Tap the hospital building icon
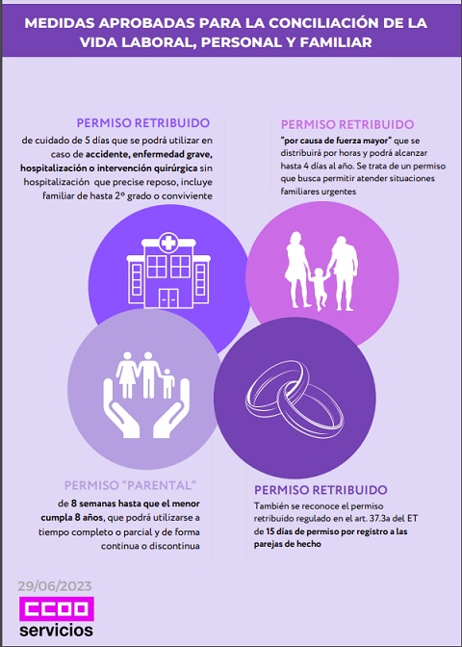tap(168, 271)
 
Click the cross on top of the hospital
tap(168, 242)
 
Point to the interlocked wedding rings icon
tap(295, 396)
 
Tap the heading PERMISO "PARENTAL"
tap(130, 485)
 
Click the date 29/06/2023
tap(55, 586)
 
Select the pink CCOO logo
tap(57, 608)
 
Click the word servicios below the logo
tap(57, 630)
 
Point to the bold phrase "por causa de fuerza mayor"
tap(336, 141)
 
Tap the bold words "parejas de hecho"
tap(288, 544)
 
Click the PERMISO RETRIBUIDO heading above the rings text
tap(321, 490)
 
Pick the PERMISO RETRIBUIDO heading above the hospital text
tap(143, 123)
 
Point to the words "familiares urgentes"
tap(319, 192)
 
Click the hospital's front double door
tap(168, 298)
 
